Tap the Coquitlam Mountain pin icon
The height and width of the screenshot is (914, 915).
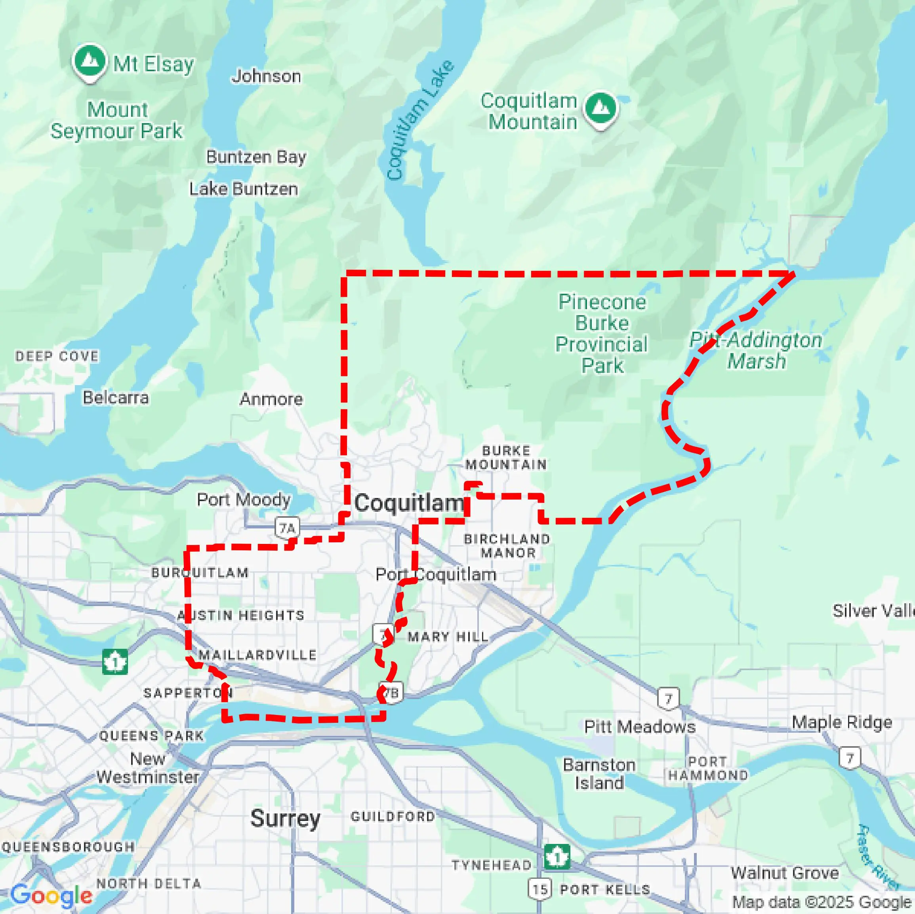point(600,108)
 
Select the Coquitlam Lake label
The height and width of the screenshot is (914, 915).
point(419,120)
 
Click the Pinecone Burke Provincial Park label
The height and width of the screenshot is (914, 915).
point(601,334)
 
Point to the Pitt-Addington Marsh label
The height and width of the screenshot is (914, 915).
point(756,351)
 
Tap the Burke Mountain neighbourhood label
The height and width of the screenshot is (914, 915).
point(506,457)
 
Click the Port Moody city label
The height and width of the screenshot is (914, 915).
point(244,500)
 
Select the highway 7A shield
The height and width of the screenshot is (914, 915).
point(288,528)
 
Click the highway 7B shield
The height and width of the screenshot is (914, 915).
point(392,694)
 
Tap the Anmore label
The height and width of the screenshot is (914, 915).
point(271,399)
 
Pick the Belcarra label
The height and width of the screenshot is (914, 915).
point(116,397)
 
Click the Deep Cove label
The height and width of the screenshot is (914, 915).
point(57,356)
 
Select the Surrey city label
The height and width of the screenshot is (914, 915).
point(285,818)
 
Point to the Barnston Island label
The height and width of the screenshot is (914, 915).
point(599,774)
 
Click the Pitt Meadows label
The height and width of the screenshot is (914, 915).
point(640,726)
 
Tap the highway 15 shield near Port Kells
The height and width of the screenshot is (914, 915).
point(540,889)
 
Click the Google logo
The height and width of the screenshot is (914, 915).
point(51,895)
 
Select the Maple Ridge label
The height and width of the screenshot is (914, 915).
point(842,722)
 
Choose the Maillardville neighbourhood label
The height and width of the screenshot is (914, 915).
point(257,655)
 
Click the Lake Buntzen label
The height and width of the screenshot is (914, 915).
point(244,189)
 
